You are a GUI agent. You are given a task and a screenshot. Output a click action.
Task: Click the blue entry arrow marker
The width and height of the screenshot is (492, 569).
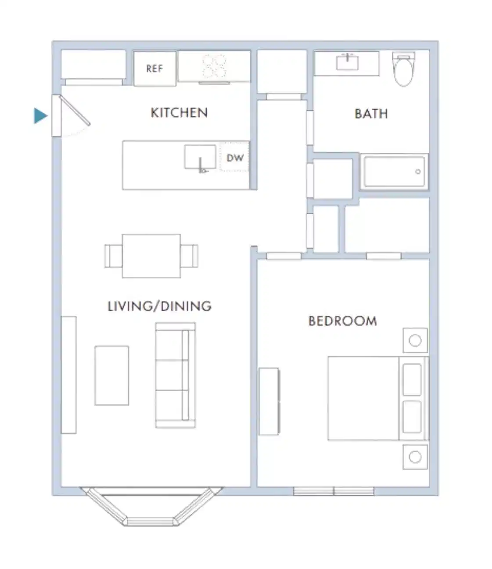pyautogui.click(x=40, y=116)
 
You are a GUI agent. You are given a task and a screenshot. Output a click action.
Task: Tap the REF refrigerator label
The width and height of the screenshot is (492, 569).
pyautogui.click(x=154, y=68)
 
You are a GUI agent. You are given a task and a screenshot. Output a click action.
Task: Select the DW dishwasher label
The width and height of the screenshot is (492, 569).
pyautogui.click(x=235, y=158)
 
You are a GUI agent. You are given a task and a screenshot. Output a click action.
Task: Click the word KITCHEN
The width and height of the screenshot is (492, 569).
pyautogui.click(x=179, y=113)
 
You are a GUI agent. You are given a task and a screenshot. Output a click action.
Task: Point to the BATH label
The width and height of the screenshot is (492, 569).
pyautogui.click(x=371, y=114)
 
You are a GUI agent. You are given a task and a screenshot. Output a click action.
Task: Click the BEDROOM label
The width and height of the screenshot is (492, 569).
pyautogui.click(x=342, y=321)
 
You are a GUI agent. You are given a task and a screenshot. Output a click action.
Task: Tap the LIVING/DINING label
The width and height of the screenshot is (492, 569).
pyautogui.click(x=159, y=306)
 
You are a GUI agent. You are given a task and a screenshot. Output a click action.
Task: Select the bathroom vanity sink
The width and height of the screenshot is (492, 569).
pyautogui.click(x=347, y=62)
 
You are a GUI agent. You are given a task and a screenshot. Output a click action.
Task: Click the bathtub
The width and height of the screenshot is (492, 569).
pyautogui.click(x=394, y=171)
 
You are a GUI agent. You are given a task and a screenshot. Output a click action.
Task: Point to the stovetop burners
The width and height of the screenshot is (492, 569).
pyautogui.click(x=214, y=66)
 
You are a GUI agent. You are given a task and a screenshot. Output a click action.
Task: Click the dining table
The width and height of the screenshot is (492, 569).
pyautogui.click(x=151, y=256)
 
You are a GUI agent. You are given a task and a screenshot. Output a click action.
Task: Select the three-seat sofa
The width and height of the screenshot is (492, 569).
pyautogui.click(x=175, y=375)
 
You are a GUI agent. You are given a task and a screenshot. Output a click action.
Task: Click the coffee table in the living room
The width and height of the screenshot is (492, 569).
pyautogui.click(x=112, y=375)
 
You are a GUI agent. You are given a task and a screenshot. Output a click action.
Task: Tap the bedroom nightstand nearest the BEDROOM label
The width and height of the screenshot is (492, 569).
pyautogui.click(x=415, y=340)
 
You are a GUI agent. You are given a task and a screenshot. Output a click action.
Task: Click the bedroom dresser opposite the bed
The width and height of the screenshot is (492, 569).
pyautogui.click(x=269, y=401)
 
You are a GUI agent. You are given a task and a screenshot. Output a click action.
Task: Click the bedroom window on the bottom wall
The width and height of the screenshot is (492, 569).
pyautogui.click(x=334, y=491)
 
